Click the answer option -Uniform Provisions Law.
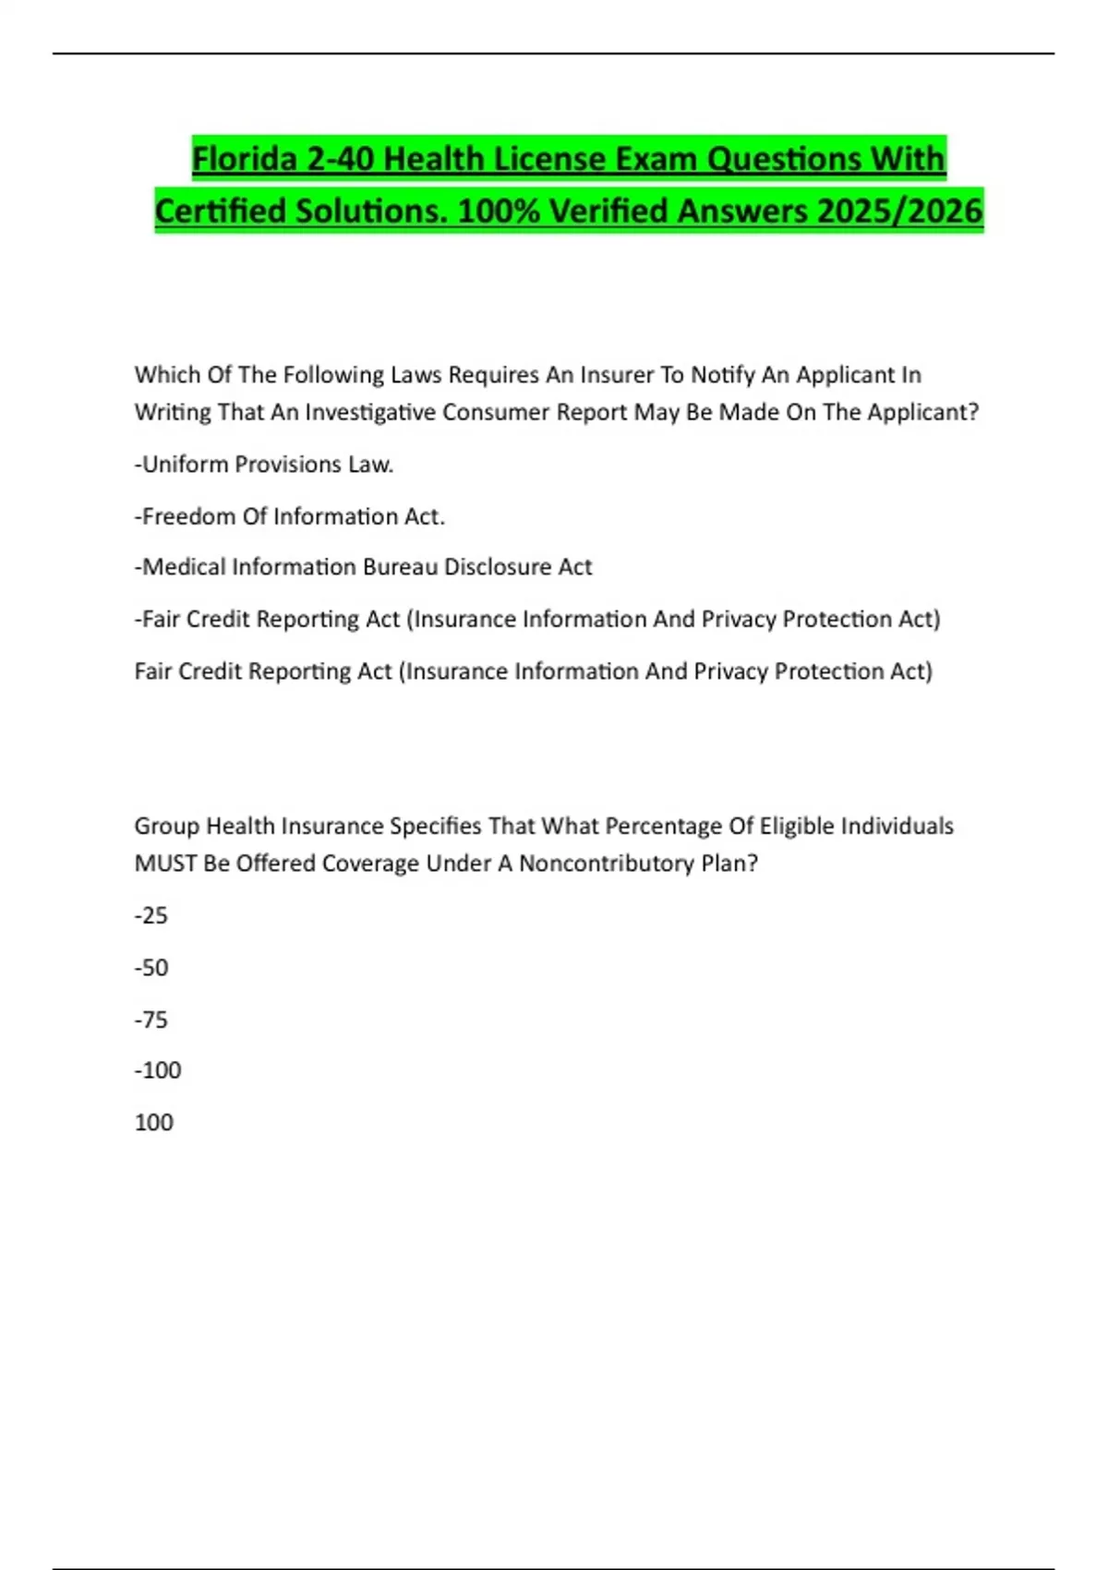[x=264, y=465]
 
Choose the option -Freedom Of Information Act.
[x=290, y=516]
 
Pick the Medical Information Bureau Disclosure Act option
[x=364, y=567]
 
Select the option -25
[x=151, y=916]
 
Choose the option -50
[x=151, y=968]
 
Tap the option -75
[x=151, y=1020]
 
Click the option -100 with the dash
[x=158, y=1070]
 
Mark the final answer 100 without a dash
[x=154, y=1123]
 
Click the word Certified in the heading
[x=218, y=211]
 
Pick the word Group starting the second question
[x=166, y=826]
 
